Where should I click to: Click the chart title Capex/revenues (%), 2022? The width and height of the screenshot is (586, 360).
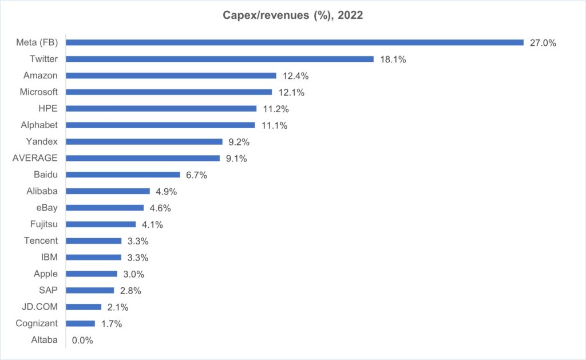click(292, 16)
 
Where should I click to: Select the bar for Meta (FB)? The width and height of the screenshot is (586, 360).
click(295, 42)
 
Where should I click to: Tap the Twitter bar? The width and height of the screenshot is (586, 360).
click(220, 59)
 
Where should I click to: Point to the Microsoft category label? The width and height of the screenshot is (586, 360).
click(39, 92)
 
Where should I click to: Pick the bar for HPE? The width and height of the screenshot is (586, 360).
click(161, 108)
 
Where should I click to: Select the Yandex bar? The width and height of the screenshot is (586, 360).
click(144, 141)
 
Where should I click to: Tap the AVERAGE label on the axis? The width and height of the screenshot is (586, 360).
click(35, 158)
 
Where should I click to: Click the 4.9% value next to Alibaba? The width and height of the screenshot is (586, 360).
click(167, 191)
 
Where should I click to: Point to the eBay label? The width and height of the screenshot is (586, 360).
click(46, 207)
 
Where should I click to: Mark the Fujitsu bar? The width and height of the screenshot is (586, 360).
click(101, 224)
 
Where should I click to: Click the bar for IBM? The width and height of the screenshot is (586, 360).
click(94, 258)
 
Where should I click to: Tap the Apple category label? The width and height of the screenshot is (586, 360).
click(45, 274)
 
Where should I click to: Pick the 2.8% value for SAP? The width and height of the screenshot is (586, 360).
click(131, 290)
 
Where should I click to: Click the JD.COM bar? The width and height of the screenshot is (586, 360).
click(84, 307)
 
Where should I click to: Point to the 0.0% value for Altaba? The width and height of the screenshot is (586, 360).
click(82, 340)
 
